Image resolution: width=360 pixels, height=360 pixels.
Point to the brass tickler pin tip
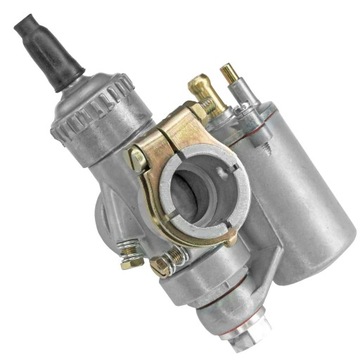point(230,73)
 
